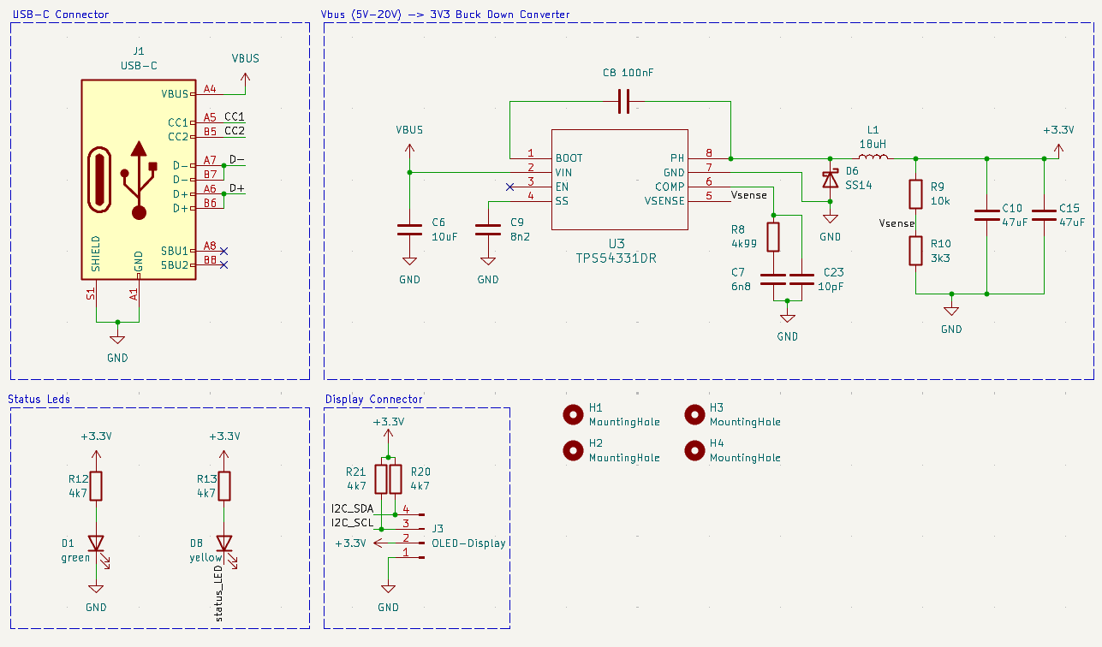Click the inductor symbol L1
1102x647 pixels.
[x=873, y=157]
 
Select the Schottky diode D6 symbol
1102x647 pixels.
[x=831, y=180]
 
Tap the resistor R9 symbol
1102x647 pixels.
[x=915, y=194]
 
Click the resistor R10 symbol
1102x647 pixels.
[x=915, y=251]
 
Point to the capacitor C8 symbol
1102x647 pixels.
[x=624, y=101]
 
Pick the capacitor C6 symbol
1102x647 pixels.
[x=409, y=229]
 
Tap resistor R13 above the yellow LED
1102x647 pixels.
[x=224, y=486]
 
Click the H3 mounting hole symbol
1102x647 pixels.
[x=694, y=415]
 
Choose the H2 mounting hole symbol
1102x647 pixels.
[x=573, y=450]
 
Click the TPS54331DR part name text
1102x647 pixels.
[x=616, y=258]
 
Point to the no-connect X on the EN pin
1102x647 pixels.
[x=510, y=187]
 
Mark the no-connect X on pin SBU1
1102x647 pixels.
[x=223, y=252]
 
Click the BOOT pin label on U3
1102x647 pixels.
[x=569, y=158]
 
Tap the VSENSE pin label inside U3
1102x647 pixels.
[x=664, y=201]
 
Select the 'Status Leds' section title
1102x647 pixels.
[x=39, y=399]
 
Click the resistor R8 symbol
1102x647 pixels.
[x=773, y=237]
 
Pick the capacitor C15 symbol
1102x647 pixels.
[x=1044, y=216]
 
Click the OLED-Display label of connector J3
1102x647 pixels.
[x=469, y=543]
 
